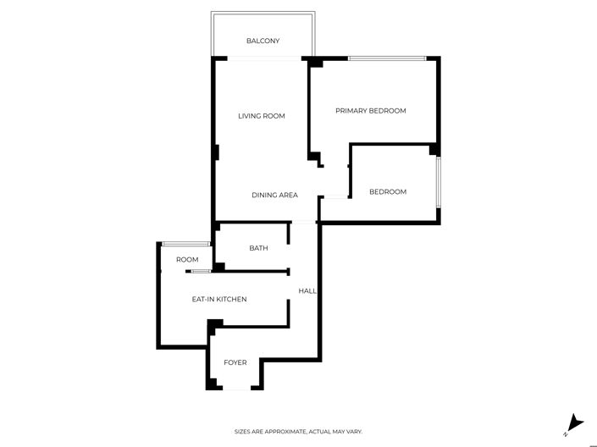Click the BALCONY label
coord(263,41)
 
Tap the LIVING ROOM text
coord(261,116)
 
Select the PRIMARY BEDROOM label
coord(370,111)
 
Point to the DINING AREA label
coord(274,196)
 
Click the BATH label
coord(258,248)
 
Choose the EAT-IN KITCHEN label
coord(218,299)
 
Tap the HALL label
coord(307,291)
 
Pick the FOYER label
coord(235,362)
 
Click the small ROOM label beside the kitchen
coord(187,260)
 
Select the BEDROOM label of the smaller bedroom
coord(387,192)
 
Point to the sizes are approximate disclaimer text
coord(298,432)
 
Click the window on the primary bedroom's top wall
coord(386,58)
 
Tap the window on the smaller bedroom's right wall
coord(438,181)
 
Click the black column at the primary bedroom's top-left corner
coord(315,62)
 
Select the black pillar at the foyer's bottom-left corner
coord(213,385)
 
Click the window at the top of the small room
coord(185,245)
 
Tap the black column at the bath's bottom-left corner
coord(218,268)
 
